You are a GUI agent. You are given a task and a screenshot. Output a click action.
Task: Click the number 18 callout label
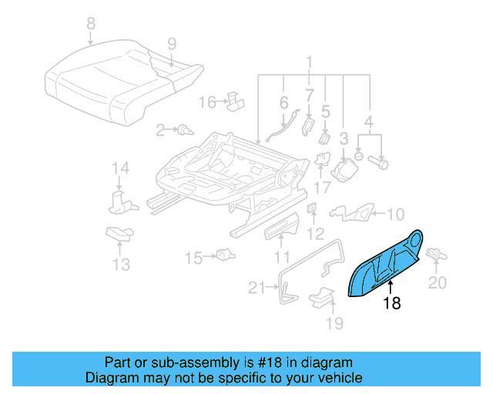coord(392,303)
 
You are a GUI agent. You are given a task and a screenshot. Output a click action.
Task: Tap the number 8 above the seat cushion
coord(91,24)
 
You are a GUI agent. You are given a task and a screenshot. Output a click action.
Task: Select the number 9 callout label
coord(172,43)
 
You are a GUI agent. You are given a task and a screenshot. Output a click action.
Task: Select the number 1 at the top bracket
coord(309,62)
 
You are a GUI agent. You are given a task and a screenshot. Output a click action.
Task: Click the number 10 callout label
coord(394,214)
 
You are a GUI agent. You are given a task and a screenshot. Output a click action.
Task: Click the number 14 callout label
coord(119,168)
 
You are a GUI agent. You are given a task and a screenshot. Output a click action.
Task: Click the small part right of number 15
coord(224,255)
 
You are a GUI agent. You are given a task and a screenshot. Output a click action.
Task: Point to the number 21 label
coord(257,289)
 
